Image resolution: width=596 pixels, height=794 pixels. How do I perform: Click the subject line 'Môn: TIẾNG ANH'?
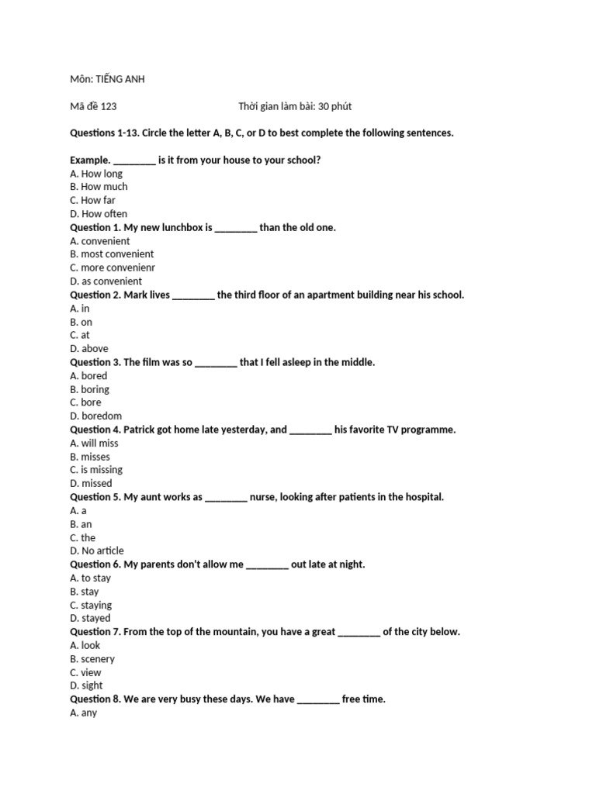point(107,79)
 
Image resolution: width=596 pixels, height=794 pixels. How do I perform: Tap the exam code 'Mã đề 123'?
point(93,106)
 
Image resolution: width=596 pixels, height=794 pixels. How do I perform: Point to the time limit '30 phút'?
point(334,106)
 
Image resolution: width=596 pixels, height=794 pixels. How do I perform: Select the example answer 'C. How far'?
point(92,200)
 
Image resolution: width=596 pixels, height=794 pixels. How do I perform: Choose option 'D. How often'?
point(99,214)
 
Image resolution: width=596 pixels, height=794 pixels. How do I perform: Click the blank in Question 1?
point(235,228)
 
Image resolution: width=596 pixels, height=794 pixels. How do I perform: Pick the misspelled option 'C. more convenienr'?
point(113,268)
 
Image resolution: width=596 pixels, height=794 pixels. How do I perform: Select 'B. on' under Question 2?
point(81,322)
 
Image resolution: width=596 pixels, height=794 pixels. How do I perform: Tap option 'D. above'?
point(89,349)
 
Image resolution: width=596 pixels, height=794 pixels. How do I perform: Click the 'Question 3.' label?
point(95,362)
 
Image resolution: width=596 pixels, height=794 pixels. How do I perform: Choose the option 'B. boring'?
point(89,389)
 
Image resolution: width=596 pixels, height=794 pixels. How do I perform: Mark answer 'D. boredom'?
point(95,416)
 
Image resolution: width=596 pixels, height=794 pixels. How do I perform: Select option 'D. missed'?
point(91,484)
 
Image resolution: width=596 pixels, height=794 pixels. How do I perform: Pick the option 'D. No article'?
point(97,551)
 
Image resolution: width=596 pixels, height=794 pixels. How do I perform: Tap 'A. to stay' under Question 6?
point(90,578)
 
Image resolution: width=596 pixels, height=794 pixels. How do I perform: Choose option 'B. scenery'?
point(92,659)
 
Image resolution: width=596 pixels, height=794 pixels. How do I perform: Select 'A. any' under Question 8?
point(83,713)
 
